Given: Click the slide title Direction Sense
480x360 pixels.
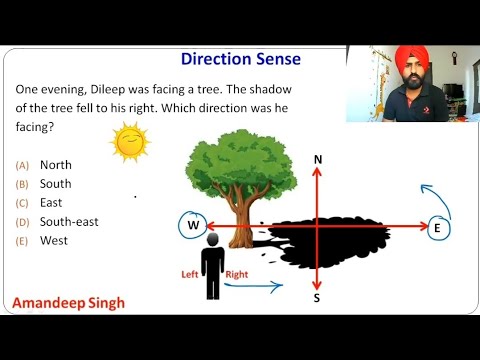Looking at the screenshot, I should tap(239, 59).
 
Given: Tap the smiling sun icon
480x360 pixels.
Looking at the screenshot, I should tap(128, 142).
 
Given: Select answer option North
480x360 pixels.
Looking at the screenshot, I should tap(55, 164).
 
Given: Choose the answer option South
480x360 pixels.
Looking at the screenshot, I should tap(55, 183).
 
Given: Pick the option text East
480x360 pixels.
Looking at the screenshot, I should tap(52, 202).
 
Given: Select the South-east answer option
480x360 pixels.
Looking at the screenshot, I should tap(69, 221).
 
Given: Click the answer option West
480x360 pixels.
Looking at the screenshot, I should tap(53, 240).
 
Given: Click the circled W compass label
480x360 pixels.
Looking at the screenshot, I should tap(191, 226).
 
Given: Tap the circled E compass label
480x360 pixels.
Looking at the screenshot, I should tap(436, 229).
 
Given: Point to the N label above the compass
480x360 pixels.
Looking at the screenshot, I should tap(317, 160).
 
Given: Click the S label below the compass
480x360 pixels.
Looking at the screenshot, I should tap(317, 298).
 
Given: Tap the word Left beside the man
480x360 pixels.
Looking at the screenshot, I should tap(189, 274).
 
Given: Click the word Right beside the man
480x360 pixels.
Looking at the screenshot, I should tap(238, 274).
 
